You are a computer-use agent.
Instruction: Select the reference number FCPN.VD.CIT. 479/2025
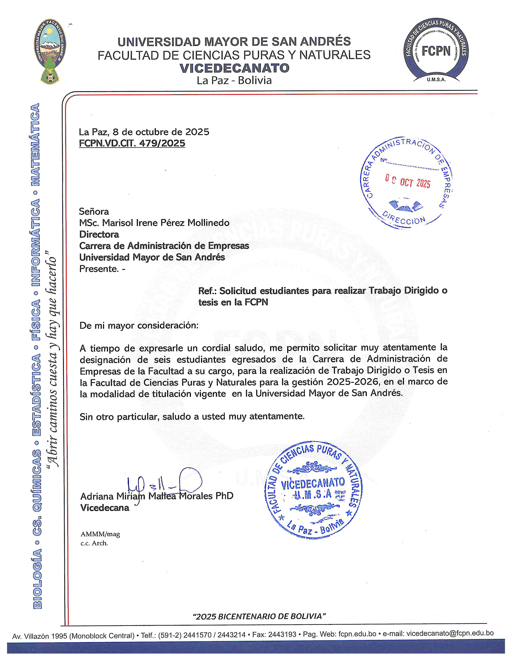point(132,143)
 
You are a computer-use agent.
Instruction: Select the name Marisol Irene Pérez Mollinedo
point(166,223)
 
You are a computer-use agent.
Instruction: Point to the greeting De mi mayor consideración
point(139,326)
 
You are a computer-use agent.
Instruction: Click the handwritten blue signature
point(164,483)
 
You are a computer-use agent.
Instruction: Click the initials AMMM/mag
point(100,534)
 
